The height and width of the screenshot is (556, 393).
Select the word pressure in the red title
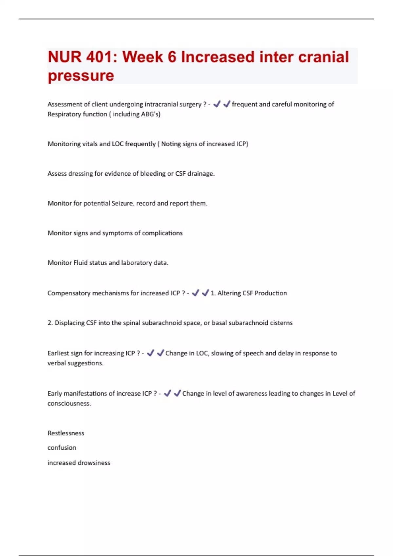(x=81, y=76)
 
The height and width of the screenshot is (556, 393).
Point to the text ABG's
(x=150, y=114)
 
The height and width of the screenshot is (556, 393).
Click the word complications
(x=162, y=233)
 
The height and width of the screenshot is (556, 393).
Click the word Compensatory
(x=69, y=293)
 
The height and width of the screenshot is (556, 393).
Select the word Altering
(x=229, y=293)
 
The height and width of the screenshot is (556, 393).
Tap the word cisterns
(x=281, y=323)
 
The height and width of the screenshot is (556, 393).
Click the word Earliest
(x=58, y=353)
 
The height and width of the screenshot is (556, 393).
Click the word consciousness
(x=69, y=404)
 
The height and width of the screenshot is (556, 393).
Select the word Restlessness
(x=66, y=433)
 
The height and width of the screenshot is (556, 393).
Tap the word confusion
(x=62, y=448)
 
